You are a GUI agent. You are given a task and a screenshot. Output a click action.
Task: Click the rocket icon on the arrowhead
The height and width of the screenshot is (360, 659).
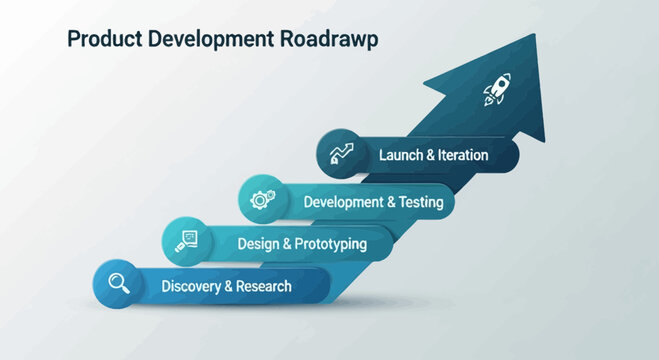[497, 93]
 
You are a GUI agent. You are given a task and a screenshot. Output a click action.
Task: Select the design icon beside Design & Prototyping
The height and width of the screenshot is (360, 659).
[187, 241]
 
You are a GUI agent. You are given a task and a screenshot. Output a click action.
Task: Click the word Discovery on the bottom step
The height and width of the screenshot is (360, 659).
[190, 286]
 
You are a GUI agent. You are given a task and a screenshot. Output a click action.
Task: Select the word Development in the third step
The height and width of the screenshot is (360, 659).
[343, 201]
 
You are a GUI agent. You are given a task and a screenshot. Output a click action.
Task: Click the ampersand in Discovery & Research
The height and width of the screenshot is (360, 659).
[230, 286]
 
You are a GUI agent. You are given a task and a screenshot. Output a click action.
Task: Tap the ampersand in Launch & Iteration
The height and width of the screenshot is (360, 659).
[430, 155]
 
